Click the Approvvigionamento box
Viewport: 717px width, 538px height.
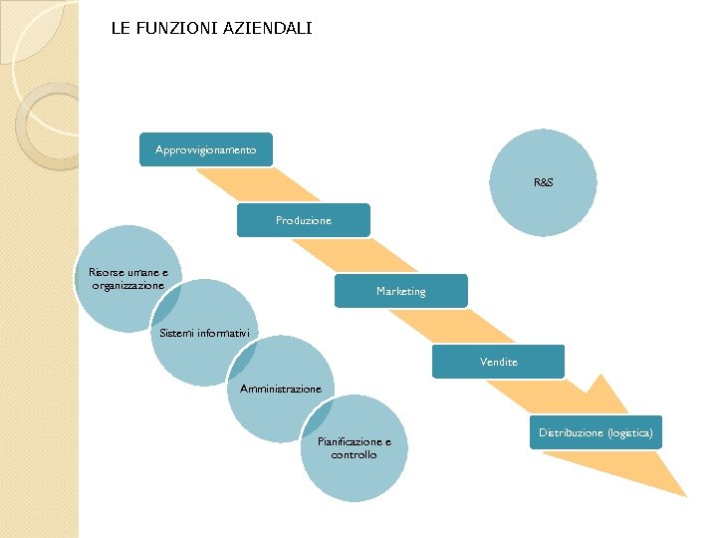click(205, 150)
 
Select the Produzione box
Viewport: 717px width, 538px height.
click(303, 220)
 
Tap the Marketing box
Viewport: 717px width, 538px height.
click(400, 291)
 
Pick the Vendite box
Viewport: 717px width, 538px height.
click(498, 362)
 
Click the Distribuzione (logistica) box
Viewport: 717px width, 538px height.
click(596, 432)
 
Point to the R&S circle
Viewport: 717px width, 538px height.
click(544, 183)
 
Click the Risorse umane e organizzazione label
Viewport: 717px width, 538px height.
click(127, 279)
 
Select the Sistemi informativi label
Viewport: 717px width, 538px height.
click(204, 333)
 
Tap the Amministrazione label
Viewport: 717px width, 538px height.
click(280, 389)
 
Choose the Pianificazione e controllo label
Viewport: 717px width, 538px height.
click(354, 448)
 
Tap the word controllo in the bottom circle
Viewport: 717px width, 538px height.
click(354, 455)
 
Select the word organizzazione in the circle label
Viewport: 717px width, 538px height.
click(127, 286)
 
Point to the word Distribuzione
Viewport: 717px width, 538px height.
click(571, 432)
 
